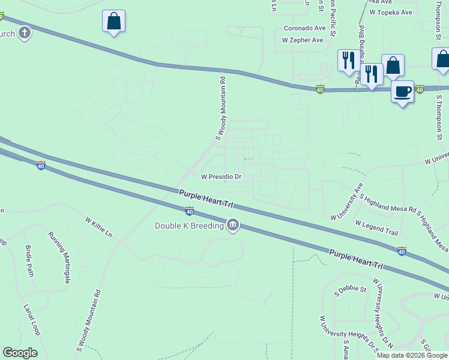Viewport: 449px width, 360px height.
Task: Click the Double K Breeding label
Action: point(188,226)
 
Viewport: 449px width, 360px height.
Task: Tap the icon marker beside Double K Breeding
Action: point(232,226)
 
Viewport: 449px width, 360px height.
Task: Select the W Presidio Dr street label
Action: point(221,177)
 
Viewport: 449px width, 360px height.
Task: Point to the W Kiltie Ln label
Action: point(99,227)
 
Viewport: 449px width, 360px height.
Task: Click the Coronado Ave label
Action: point(304,28)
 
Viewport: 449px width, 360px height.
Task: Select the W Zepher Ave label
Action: point(303,40)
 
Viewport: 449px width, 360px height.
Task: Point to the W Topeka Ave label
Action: point(391,12)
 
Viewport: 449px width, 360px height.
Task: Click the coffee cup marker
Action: point(403,92)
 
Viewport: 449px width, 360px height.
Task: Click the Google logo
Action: point(20,353)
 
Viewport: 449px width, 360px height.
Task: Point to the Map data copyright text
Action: point(412,355)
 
